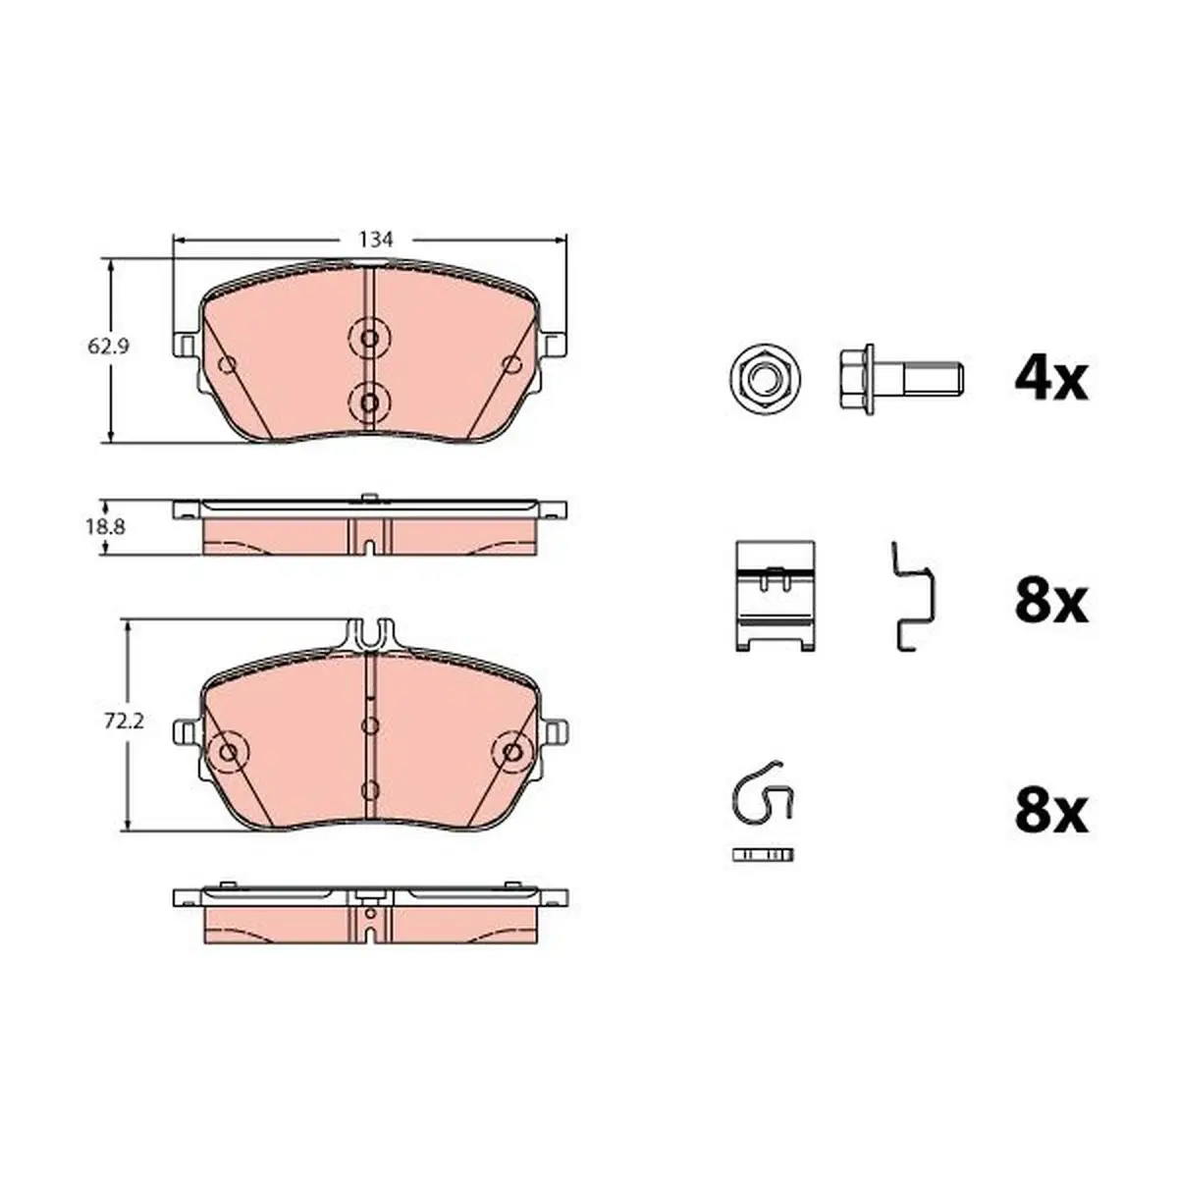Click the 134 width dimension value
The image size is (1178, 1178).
375,240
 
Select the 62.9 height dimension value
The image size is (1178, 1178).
108,347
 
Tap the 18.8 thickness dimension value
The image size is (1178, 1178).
105,526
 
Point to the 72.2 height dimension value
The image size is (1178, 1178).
124,722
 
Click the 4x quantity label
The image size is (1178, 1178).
1050,380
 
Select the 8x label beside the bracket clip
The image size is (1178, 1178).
1051,603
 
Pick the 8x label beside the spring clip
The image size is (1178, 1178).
1051,813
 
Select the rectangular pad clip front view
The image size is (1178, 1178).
776,596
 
